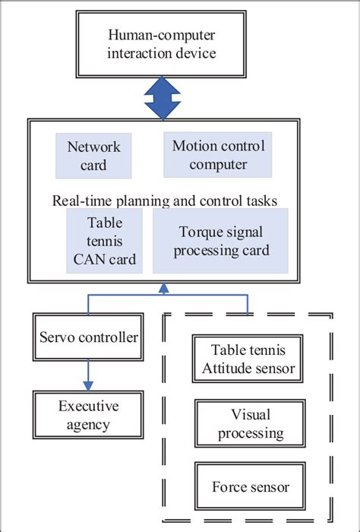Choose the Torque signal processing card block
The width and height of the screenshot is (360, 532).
(x=220, y=241)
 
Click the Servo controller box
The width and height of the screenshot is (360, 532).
(x=89, y=336)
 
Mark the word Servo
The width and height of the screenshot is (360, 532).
(x=58, y=336)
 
